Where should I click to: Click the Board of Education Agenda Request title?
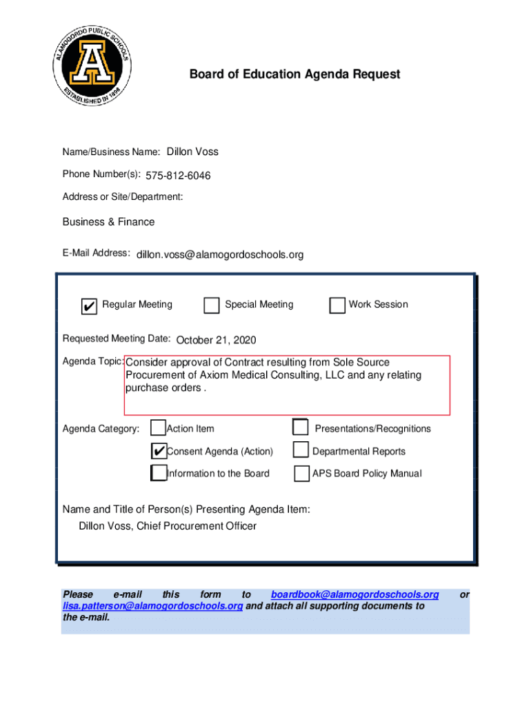294,74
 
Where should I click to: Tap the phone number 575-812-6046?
178,176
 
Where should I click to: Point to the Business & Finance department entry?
108,222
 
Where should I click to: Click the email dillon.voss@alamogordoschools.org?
219,255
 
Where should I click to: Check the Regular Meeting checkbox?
89,306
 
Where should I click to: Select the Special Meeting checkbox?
212,305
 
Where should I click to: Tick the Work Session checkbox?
337,305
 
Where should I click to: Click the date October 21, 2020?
216,341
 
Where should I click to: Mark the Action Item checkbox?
158,428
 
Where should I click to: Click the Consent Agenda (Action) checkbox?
158,452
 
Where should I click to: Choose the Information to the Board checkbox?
159,474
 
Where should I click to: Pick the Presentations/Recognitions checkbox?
300,428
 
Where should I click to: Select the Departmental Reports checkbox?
300,451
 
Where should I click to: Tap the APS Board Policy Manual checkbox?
301,474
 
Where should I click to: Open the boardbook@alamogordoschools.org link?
354,594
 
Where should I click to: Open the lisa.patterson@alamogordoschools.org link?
152,606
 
